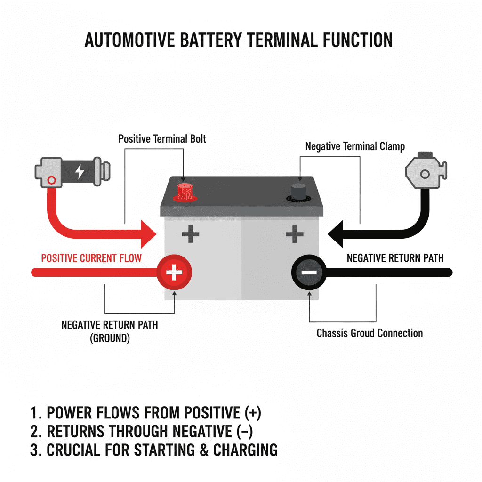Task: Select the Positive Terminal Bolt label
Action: coord(162,139)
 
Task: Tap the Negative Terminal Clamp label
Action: coord(355,146)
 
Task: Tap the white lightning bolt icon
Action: coord(80,171)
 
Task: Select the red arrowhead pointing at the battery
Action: coord(148,232)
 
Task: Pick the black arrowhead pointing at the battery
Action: coord(337,232)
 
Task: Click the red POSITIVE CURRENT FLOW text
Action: coord(91,258)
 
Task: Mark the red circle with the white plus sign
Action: coord(175,273)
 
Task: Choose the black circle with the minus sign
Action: coord(308,273)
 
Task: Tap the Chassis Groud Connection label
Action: coord(370,333)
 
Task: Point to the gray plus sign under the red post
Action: coord(190,234)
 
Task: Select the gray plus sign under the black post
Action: coord(294,234)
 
